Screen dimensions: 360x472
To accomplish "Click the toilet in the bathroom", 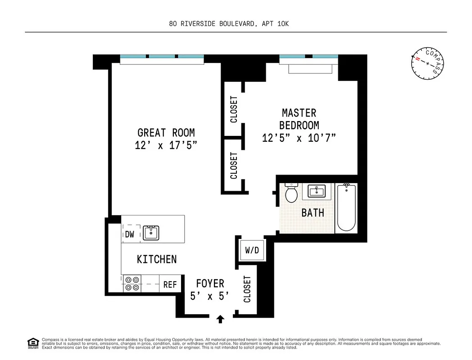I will [291, 193].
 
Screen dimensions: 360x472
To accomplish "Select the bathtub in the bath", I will [346, 207].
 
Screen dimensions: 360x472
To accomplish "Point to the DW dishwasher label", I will [130, 234].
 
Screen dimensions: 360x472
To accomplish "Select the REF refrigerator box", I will [170, 284].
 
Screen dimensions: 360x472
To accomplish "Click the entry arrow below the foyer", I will [220, 319].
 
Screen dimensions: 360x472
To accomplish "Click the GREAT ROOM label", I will [166, 133].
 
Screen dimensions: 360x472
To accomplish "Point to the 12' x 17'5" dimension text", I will [166, 145].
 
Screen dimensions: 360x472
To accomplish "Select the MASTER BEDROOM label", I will [299, 119].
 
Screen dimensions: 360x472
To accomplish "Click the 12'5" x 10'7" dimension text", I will [299, 138].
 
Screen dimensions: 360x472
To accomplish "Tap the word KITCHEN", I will [157, 259].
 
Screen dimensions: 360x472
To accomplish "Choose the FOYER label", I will [210, 283].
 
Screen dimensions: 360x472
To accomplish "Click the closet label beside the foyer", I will [247, 289].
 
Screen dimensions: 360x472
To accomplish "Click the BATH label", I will [313, 212].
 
